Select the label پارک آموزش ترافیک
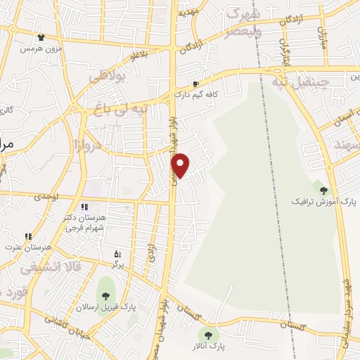click(324, 202)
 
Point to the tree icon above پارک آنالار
click(206, 334)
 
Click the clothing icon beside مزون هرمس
click(40, 37)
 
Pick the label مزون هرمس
click(39, 48)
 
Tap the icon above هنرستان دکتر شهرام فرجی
click(84, 207)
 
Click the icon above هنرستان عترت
click(28, 236)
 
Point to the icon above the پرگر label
click(117, 253)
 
